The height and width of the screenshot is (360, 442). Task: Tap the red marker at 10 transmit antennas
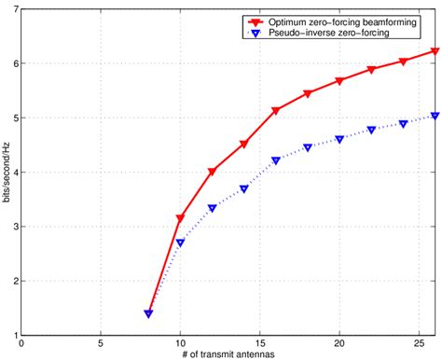[x=180, y=218]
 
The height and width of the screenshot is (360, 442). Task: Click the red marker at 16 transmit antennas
[x=275, y=111]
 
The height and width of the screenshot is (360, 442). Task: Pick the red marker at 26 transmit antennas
[x=435, y=52]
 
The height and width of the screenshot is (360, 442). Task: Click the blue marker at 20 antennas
[x=339, y=139]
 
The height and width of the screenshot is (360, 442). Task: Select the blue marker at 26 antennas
[x=435, y=117]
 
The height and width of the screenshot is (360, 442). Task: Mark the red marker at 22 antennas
[x=371, y=70]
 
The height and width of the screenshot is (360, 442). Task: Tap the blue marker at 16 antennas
[x=275, y=160]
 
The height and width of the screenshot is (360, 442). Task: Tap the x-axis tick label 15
[x=259, y=346]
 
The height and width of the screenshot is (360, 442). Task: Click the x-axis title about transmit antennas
[x=221, y=355]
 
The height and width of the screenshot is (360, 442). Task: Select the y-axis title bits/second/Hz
[x=7, y=173]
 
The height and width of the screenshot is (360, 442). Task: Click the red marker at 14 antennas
[x=243, y=145]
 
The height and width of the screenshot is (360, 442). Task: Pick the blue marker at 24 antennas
[x=403, y=124]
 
